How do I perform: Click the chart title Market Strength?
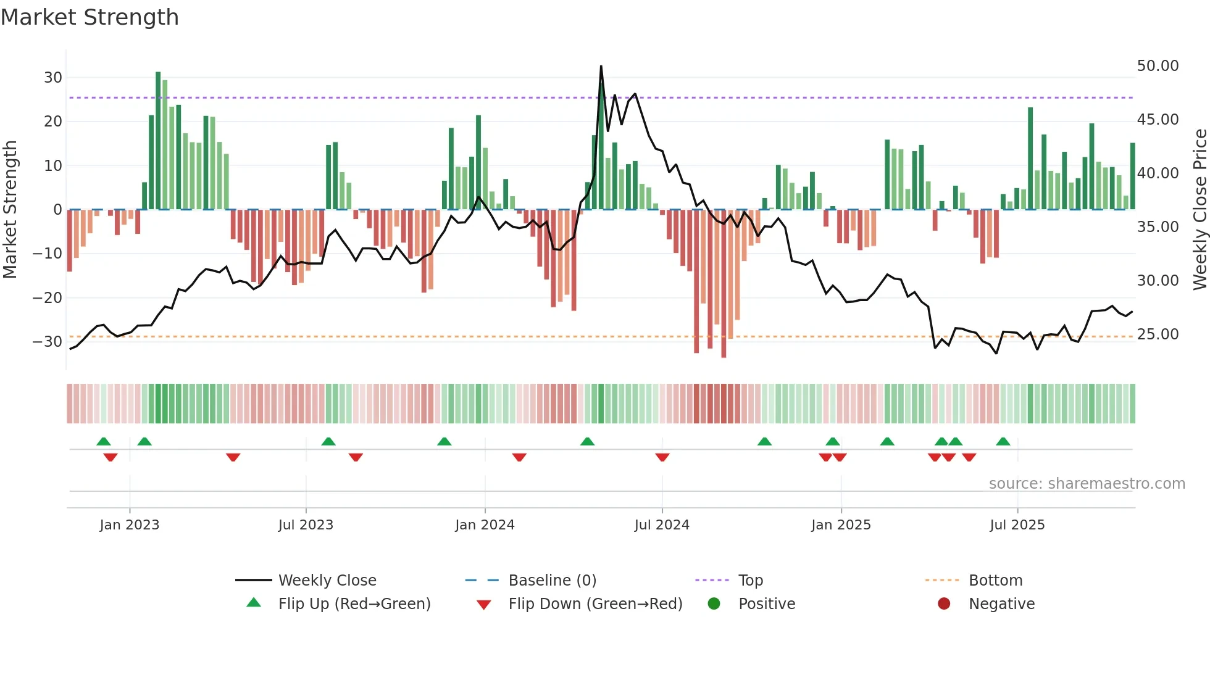pyautogui.click(x=90, y=17)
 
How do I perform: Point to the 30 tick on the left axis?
pyautogui.click(x=53, y=78)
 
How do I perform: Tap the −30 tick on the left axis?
pyautogui.click(x=48, y=342)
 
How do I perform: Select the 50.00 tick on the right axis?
pyautogui.click(x=1158, y=66)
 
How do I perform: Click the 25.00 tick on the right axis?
pyautogui.click(x=1158, y=334)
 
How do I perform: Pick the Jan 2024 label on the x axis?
pyautogui.click(x=485, y=525)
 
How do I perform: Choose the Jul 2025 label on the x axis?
pyautogui.click(x=1017, y=525)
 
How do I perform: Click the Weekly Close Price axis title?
pyautogui.click(x=1200, y=210)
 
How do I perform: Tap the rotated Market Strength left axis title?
pyautogui.click(x=10, y=210)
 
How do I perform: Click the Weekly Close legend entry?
pyautogui.click(x=327, y=581)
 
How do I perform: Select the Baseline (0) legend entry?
pyautogui.click(x=552, y=581)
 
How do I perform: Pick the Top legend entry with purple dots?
pyautogui.click(x=750, y=581)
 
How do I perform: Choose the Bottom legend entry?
pyautogui.click(x=995, y=581)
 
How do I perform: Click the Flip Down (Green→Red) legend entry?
pyautogui.click(x=595, y=604)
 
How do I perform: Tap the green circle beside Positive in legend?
pyautogui.click(x=714, y=604)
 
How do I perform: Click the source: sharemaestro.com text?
pyautogui.click(x=1087, y=484)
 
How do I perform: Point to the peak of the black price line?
pyautogui.click(x=601, y=67)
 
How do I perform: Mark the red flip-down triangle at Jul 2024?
pyautogui.click(x=662, y=457)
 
